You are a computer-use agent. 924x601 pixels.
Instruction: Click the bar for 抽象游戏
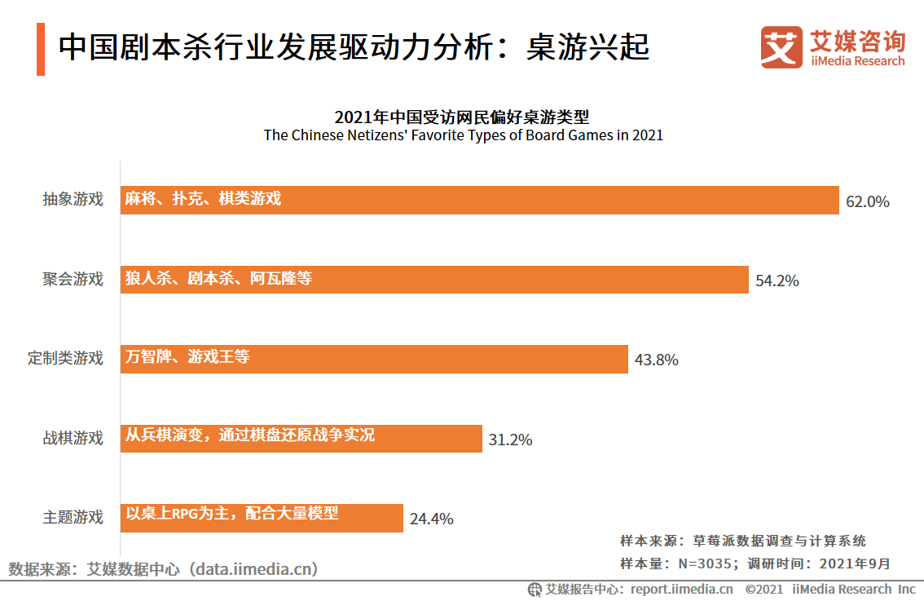480,201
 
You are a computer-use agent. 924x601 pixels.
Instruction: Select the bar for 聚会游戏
434,280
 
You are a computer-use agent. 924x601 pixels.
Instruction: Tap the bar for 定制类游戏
374,359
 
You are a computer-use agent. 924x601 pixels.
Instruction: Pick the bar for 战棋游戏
301,438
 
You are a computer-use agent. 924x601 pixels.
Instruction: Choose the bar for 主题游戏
262,517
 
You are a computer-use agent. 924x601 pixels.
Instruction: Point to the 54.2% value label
777,281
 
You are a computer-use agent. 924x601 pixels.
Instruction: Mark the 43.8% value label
656,360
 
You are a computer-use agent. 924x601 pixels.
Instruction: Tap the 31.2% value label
510,440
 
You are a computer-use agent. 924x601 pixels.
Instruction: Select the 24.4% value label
431,519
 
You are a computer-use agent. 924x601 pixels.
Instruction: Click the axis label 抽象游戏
73,200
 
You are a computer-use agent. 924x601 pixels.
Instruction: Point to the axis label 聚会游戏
73,279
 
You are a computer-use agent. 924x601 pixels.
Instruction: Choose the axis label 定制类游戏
66,358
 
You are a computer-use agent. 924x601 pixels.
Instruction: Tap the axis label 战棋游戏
73,438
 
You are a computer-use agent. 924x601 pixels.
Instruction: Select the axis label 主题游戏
73,517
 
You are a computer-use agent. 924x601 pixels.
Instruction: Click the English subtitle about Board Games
463,135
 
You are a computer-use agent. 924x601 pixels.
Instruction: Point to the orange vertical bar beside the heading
41,49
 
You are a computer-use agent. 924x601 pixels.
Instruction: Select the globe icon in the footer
535,589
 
